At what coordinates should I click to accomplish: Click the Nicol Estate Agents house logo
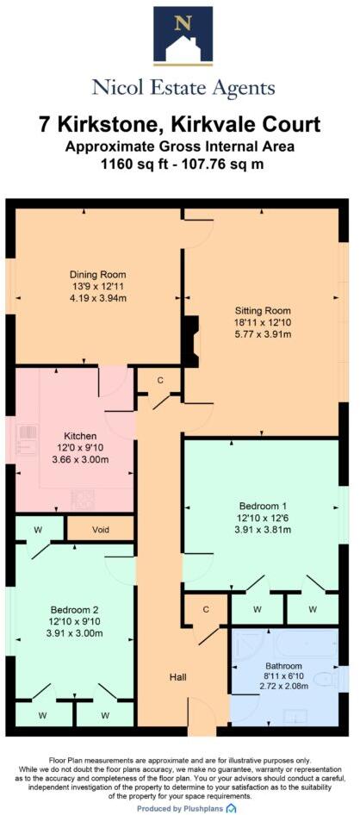pyautogui.click(x=183, y=36)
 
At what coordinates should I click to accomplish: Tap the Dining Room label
pyautogui.click(x=92, y=276)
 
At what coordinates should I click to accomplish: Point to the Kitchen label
pyautogui.click(x=86, y=436)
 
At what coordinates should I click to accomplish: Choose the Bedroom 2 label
pyautogui.click(x=77, y=596)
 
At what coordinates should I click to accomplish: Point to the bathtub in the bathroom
pyautogui.click(x=284, y=648)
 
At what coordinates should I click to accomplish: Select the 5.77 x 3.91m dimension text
pyautogui.click(x=264, y=333)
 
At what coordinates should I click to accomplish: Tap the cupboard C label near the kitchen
pyautogui.click(x=160, y=380)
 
